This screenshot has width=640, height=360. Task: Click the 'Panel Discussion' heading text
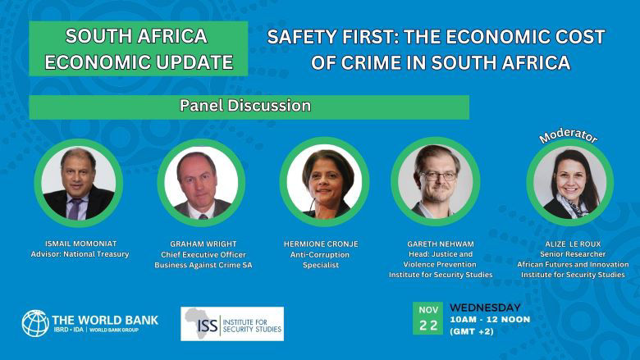tap(245, 107)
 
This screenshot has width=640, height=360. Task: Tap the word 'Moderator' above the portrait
tap(567, 135)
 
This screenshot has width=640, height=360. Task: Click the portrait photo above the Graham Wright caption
tap(201, 182)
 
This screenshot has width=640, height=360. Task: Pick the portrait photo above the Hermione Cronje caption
tap(324, 182)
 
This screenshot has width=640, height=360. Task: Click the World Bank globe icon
tap(35, 323)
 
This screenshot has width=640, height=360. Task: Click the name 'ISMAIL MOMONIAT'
tap(79, 244)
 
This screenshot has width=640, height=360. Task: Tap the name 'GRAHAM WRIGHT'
tap(201, 244)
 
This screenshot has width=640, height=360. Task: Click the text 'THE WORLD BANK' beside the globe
tap(105, 319)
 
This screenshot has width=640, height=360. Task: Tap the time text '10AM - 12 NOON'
tap(491, 321)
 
